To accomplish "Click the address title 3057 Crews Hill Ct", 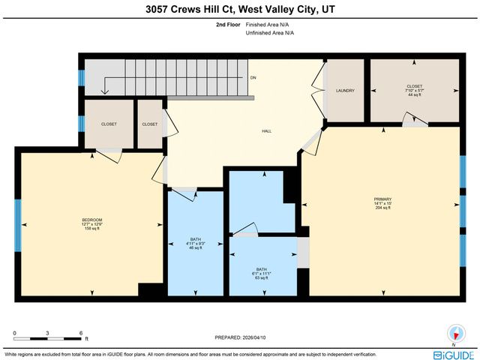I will pyautogui.click(x=239, y=10).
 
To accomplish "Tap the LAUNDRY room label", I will pyautogui.click(x=345, y=91).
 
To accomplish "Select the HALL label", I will pyautogui.click(x=266, y=131).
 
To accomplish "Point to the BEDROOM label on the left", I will pyautogui.click(x=91, y=219).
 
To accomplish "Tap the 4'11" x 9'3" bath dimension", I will pyautogui.click(x=195, y=243).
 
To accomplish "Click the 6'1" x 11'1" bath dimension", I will pyautogui.click(x=262, y=274).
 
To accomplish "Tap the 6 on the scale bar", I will pyautogui.click(x=80, y=332).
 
